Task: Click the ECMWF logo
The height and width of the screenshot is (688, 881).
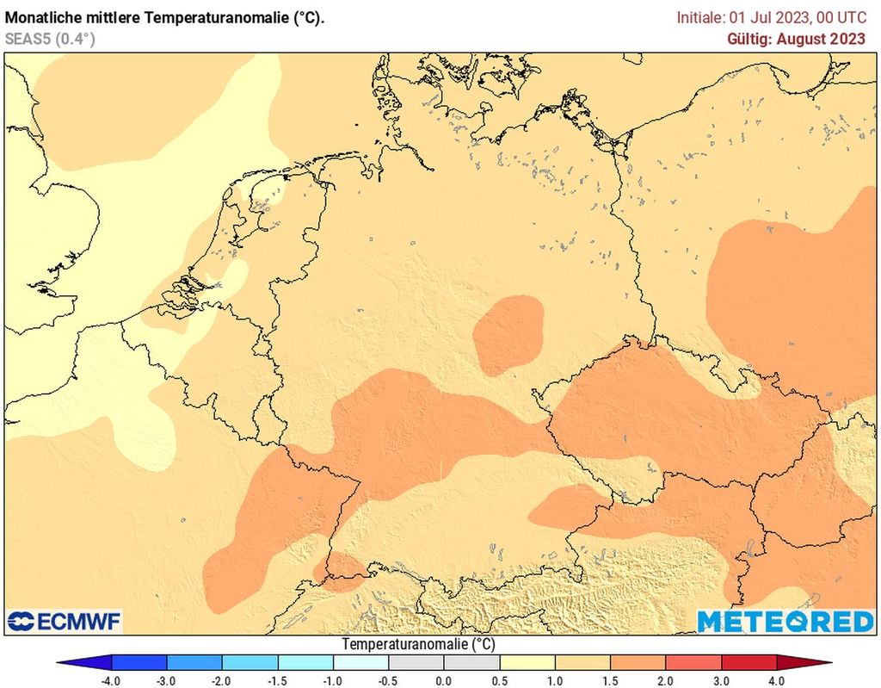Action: [65, 621]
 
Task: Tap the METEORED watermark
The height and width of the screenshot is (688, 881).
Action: [785, 621]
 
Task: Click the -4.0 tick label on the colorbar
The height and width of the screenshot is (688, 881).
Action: [110, 680]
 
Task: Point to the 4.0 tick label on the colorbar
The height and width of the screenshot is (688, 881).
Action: [777, 680]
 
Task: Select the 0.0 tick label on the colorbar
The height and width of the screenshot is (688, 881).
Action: [443, 680]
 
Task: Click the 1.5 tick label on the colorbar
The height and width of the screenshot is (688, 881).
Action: [610, 680]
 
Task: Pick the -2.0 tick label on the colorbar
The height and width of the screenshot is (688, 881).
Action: [221, 680]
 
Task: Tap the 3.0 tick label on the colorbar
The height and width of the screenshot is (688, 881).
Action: [721, 680]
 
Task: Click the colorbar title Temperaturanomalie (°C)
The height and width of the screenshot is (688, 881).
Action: [418, 644]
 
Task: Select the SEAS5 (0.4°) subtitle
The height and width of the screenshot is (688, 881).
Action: [50, 39]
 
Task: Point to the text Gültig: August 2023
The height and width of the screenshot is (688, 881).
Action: [796, 39]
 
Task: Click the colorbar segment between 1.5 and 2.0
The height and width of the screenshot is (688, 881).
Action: [638, 662]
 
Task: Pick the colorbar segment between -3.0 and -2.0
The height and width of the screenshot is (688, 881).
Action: [194, 662]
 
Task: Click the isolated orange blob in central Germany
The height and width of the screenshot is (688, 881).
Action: [508, 334]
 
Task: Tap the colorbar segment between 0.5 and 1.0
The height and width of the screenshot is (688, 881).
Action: [527, 662]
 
